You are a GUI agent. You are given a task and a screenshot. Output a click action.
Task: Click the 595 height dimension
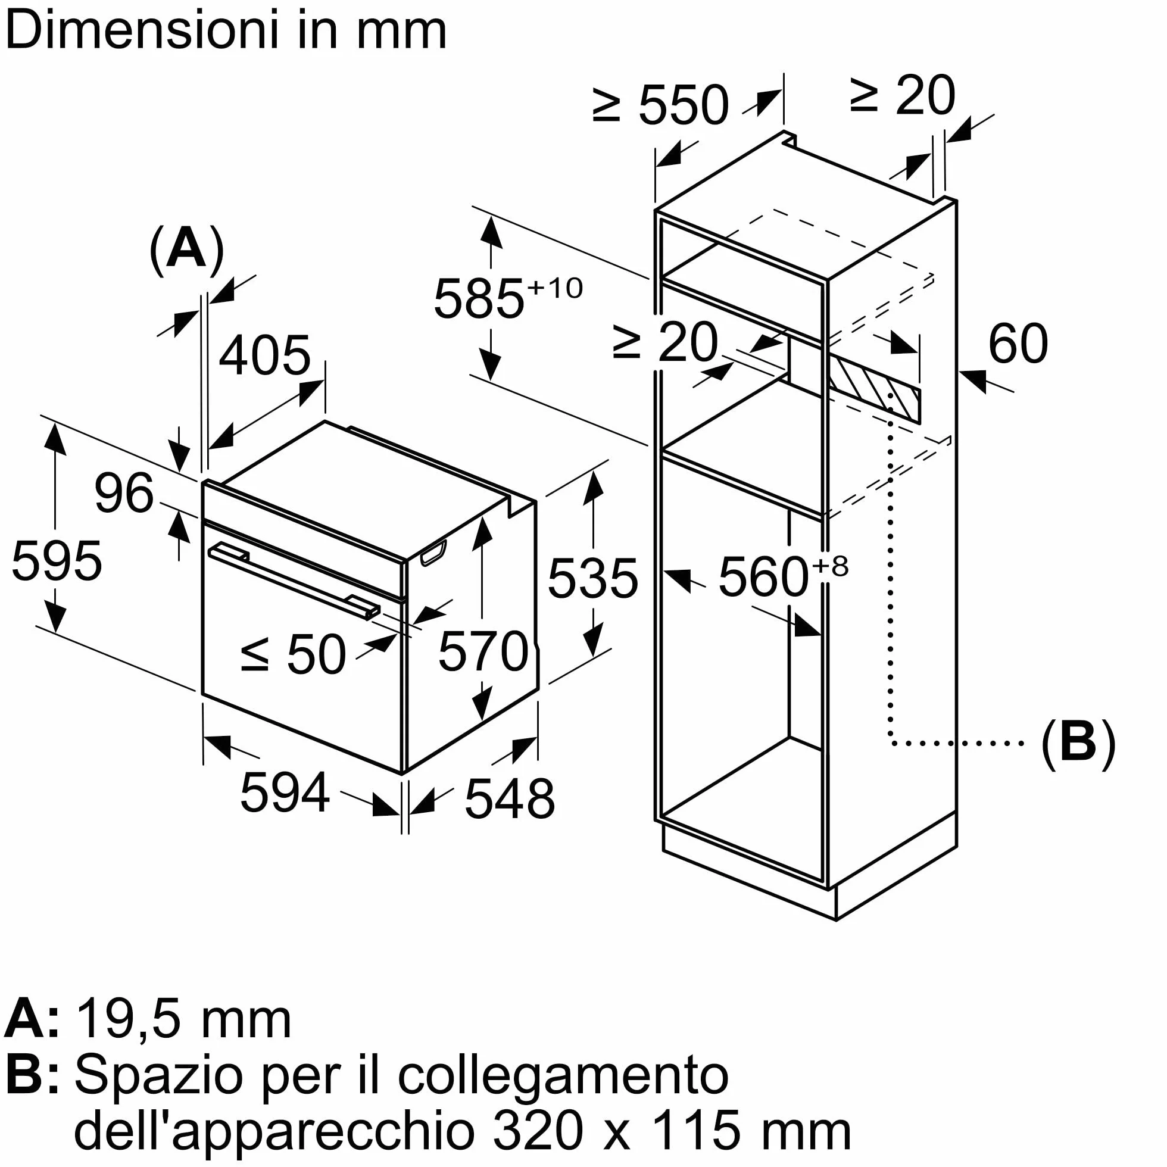57,561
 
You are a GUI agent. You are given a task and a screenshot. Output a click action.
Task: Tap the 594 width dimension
285,792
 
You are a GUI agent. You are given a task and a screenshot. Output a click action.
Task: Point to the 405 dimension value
264,355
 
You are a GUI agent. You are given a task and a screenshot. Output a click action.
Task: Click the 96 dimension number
124,493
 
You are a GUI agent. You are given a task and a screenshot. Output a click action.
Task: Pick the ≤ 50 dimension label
294,654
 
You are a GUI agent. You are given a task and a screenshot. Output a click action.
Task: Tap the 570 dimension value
483,651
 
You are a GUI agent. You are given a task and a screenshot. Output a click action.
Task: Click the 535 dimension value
592,578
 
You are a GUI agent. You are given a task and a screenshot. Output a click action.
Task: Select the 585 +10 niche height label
508,297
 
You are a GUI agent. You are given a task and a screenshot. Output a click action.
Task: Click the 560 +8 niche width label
783,576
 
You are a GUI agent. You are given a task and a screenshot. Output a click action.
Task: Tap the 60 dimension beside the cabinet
1018,343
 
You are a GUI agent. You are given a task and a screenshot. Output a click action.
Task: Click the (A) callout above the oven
186,249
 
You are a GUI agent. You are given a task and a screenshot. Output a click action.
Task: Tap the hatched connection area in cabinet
874,388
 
